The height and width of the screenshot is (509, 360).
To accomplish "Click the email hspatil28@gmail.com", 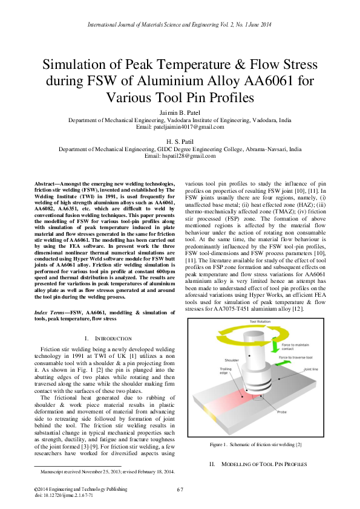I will click(x=180, y=156).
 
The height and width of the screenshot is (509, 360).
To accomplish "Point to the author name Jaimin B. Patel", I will click(x=180, y=112).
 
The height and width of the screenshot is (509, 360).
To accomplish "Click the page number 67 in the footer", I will click(x=180, y=489).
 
